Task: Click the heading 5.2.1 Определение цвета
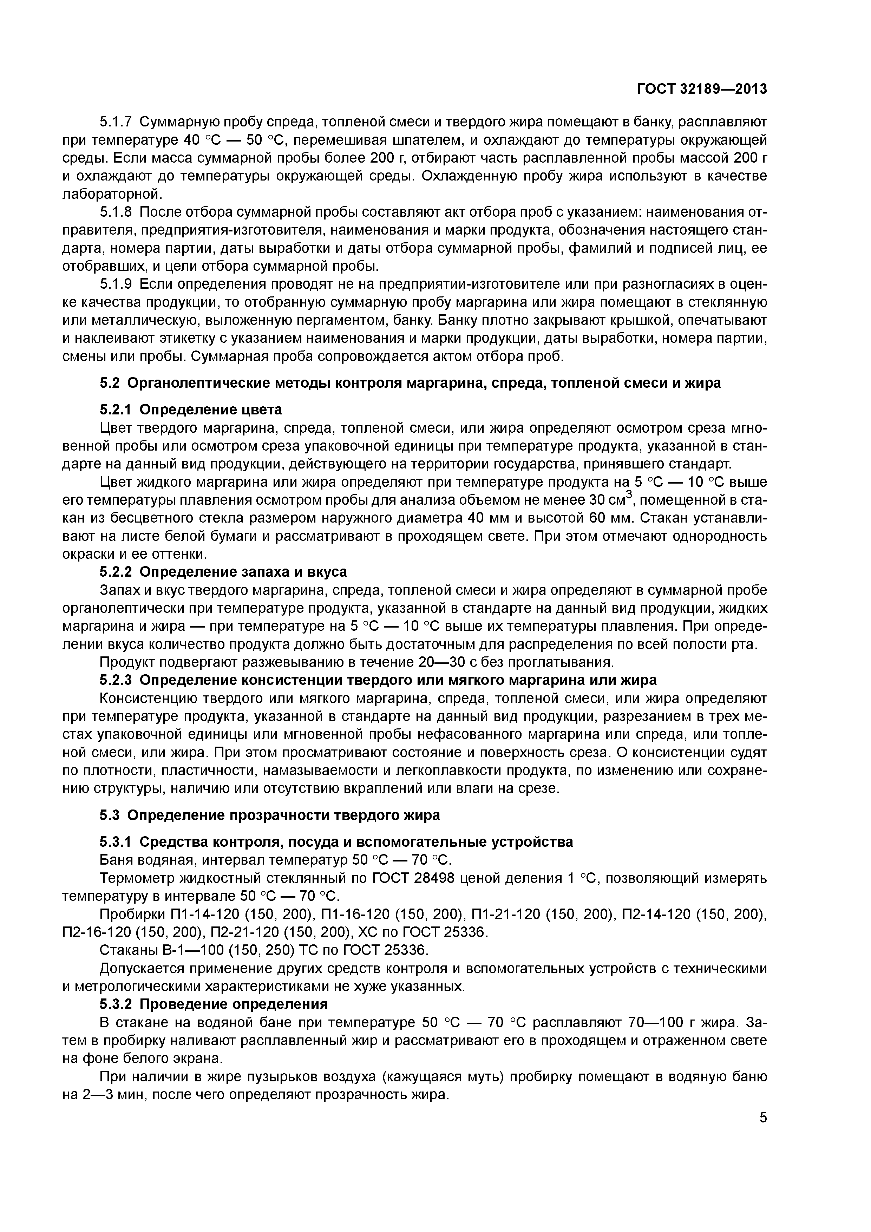[190, 410]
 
